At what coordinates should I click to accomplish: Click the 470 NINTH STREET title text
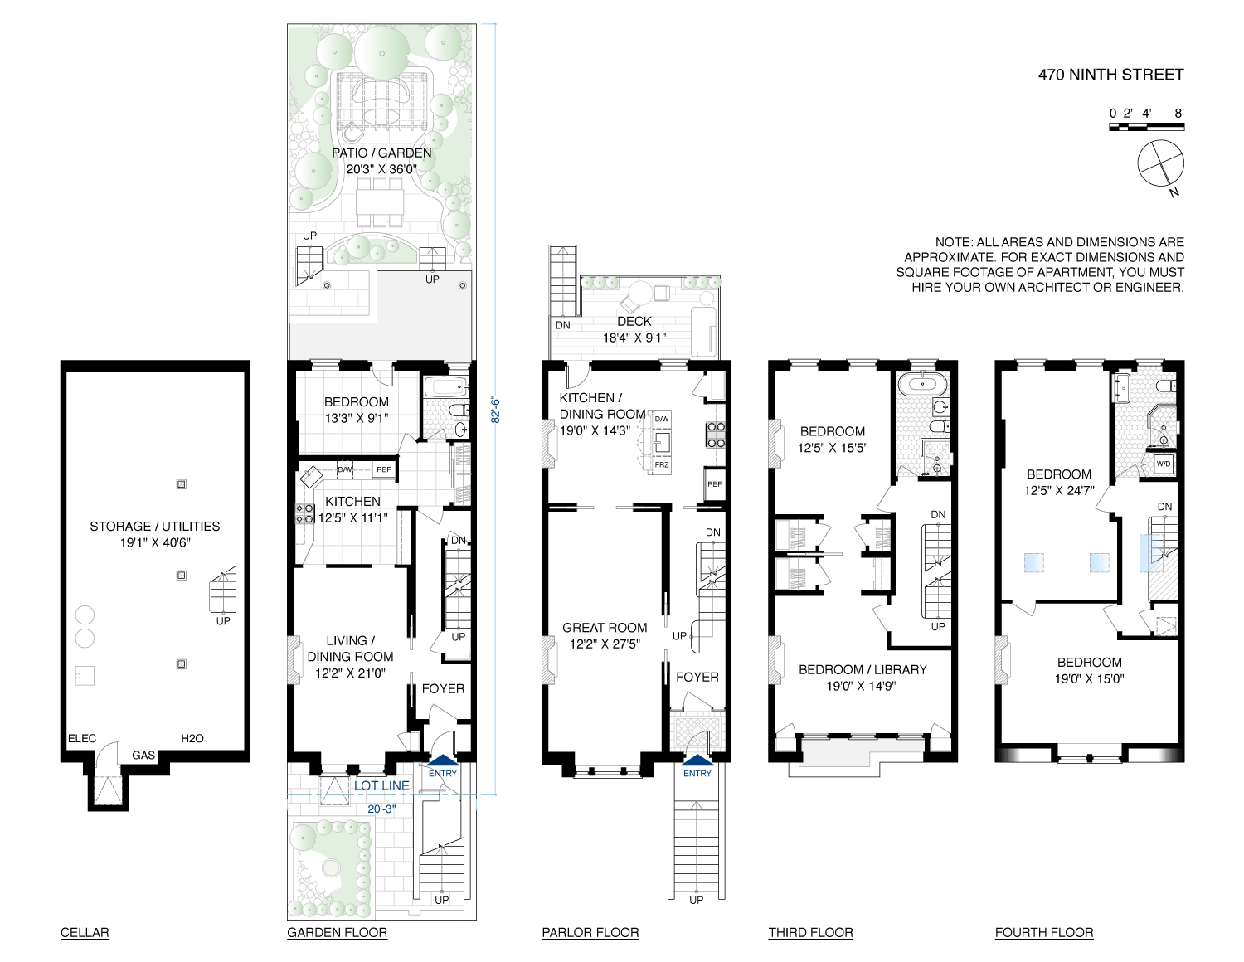coord(1110,75)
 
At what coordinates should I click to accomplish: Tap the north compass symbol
coord(1160,164)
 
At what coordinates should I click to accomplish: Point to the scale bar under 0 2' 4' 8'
coord(1146,127)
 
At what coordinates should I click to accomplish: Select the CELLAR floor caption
coord(85,932)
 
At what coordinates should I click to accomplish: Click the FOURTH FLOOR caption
coord(1044,932)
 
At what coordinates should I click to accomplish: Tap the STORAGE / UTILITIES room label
coord(155,526)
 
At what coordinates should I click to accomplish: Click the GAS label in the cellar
coord(143,756)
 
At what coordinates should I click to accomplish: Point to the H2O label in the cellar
coord(192,738)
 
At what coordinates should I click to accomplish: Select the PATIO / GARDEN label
coord(381,153)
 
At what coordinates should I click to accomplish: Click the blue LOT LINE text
coord(381,785)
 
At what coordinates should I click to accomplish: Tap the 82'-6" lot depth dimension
coord(495,410)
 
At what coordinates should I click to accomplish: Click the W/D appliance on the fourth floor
coord(1164,464)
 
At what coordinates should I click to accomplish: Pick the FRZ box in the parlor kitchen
coord(661,465)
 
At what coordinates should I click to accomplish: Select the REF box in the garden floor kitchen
coord(383,470)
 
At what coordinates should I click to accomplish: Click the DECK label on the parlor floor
coord(634,321)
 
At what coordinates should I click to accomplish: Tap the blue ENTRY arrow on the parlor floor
coord(697,760)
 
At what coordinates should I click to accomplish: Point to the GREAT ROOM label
coord(605,628)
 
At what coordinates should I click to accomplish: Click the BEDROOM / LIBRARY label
coord(863,669)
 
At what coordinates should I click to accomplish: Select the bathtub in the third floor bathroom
coord(919,383)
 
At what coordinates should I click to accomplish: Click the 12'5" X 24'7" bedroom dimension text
coord(1059,490)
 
